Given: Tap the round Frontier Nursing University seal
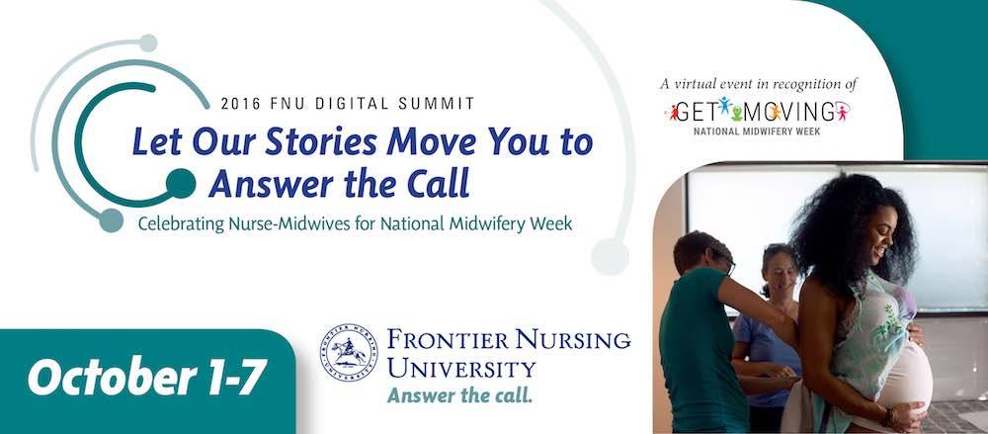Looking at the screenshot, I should [x=348, y=352].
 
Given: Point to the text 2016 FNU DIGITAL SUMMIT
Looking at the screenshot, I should [x=348, y=103].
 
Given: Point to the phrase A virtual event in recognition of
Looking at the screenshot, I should [x=757, y=84].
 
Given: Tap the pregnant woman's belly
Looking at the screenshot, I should [x=904, y=376].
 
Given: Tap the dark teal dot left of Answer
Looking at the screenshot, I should [x=180, y=183].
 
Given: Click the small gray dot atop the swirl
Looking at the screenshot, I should [x=147, y=43].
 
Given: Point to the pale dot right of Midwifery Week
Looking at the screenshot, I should [x=610, y=256].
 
